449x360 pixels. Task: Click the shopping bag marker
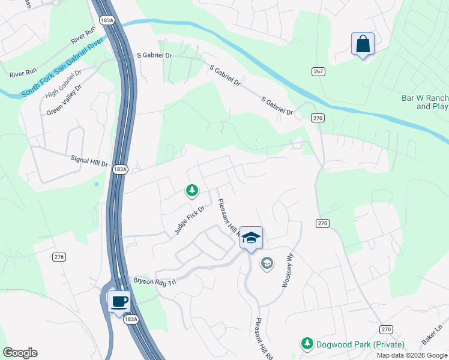(x=363, y=44)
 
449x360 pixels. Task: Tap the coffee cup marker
(x=119, y=301)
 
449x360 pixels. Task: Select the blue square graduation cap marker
(x=251, y=238)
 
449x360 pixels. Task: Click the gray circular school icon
(x=267, y=263)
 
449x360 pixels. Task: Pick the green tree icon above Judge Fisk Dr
(x=191, y=191)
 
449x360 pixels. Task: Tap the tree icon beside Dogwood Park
(x=307, y=344)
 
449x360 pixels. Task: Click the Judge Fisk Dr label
(x=190, y=220)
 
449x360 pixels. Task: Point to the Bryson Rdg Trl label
(x=155, y=281)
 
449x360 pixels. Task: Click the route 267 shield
(x=318, y=72)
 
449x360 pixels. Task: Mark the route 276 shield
(x=59, y=257)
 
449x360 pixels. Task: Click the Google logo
(x=20, y=353)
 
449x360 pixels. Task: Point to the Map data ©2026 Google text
(x=411, y=355)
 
